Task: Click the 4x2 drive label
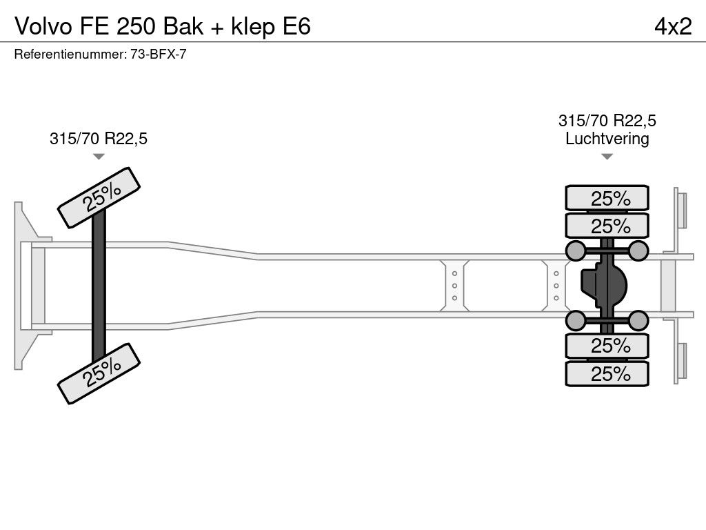pos(673,26)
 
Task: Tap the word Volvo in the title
pos(43,26)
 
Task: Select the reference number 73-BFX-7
pos(159,55)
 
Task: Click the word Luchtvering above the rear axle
pos(607,138)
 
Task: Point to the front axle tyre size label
pos(99,138)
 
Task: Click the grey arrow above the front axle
pos(99,157)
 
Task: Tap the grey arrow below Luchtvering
pos(607,157)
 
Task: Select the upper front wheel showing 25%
pos(99,198)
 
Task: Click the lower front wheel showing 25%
pos(99,373)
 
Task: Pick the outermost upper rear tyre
pos(607,197)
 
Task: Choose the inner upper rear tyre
pos(607,226)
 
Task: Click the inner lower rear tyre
pos(607,346)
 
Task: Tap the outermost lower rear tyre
pos(607,373)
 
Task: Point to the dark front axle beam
pos(99,286)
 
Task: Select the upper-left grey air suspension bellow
pos(576,251)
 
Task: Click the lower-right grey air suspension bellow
pos(638,321)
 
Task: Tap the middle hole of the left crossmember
pos(455,286)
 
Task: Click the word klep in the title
pos(252,27)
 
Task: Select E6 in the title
pos(296,26)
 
